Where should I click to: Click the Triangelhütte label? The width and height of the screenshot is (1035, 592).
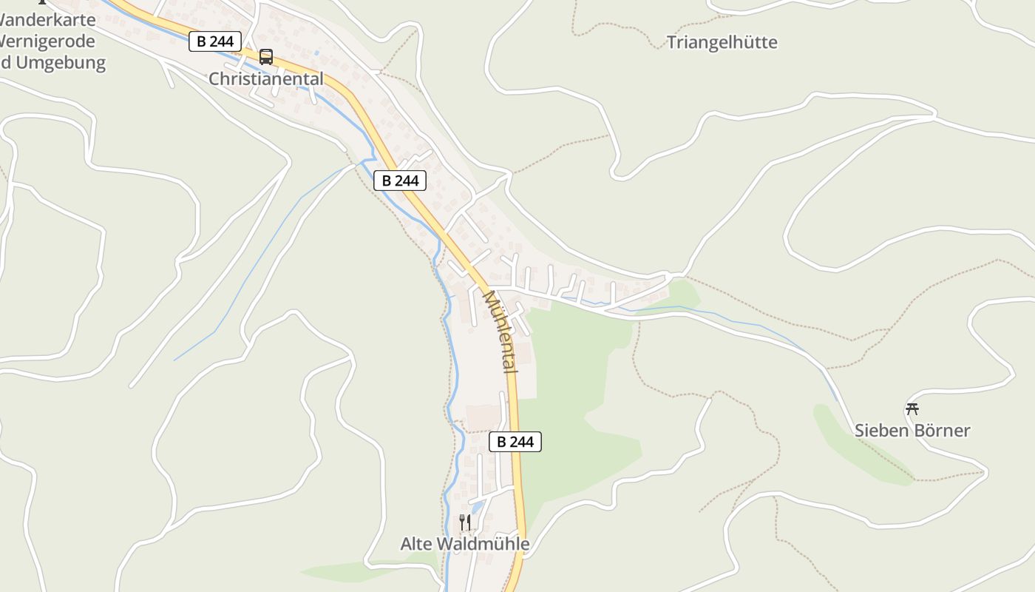[722, 42]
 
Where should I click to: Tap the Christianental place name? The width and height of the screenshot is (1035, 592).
[266, 78]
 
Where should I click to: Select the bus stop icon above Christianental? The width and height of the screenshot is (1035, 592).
[266, 57]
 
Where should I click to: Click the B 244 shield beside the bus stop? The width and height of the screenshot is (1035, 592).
[215, 41]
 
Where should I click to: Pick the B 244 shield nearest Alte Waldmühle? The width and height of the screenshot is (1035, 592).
[515, 442]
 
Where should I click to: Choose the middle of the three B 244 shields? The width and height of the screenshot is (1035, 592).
[400, 181]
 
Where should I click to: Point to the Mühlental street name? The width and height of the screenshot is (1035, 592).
[500, 331]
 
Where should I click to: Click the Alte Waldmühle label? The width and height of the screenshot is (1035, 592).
[465, 544]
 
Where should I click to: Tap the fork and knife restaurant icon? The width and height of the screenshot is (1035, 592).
[465, 522]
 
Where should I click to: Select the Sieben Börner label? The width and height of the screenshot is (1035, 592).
[912, 430]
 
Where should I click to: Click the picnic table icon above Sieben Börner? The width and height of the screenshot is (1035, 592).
[912, 408]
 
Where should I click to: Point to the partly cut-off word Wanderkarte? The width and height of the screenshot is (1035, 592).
[49, 20]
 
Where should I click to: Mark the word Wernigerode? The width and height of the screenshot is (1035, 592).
[49, 41]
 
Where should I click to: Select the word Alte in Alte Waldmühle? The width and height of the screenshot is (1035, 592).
[416, 544]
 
